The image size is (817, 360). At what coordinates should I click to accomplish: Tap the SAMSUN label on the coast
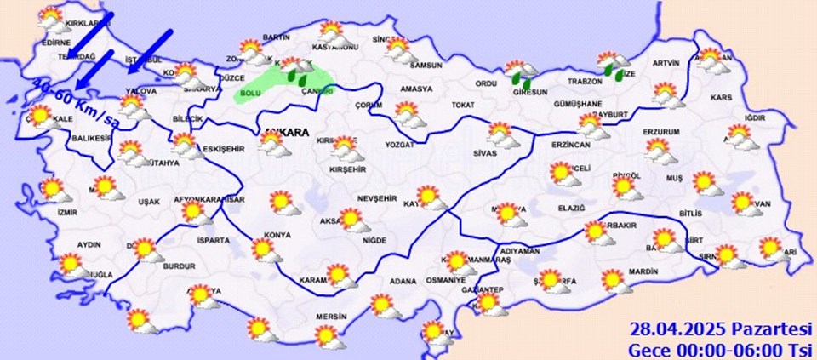[426, 65]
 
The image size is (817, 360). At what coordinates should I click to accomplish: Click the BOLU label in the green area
[251, 92]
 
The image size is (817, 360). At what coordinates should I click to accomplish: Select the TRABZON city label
[586, 82]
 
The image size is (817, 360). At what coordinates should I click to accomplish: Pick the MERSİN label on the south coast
[329, 317]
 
